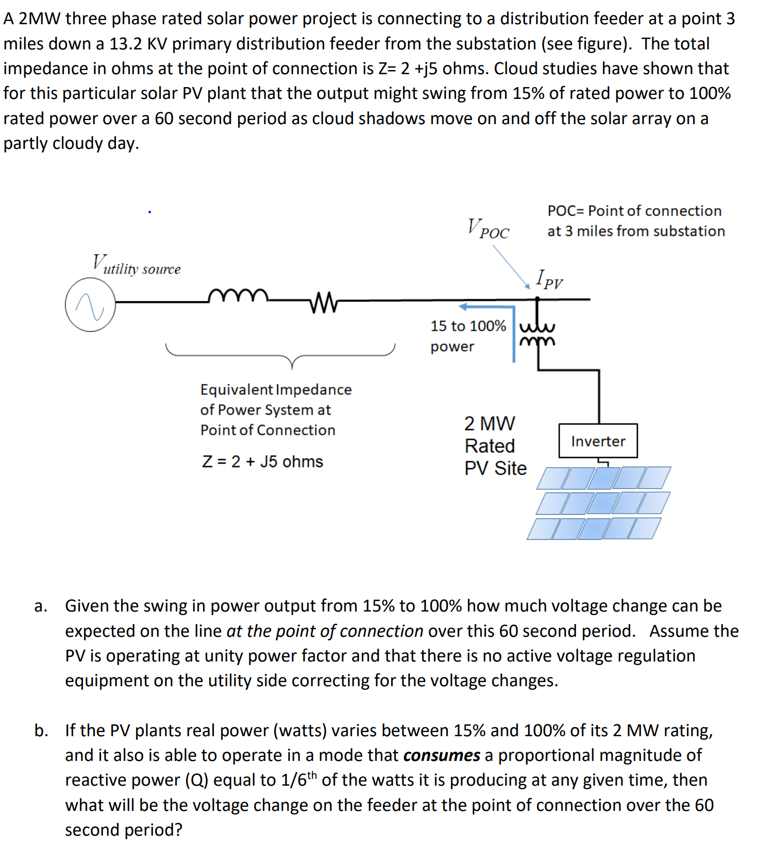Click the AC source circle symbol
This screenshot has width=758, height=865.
point(90,304)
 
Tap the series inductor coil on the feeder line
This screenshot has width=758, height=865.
point(238,296)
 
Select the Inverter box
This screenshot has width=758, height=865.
point(598,441)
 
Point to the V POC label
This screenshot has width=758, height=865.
point(487,228)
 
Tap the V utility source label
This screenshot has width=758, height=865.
point(137,265)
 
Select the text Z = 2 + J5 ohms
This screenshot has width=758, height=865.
point(262,461)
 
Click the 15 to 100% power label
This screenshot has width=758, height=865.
point(467,335)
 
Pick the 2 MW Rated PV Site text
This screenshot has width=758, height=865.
point(495,446)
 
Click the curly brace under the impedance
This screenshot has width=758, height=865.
point(280,354)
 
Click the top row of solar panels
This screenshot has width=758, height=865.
point(603,478)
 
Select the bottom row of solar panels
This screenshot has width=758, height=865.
point(593,529)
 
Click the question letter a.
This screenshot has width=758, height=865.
point(40,606)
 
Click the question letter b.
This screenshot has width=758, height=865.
point(41,731)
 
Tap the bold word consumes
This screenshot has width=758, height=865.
point(442,755)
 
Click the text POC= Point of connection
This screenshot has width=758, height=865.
point(634,211)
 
